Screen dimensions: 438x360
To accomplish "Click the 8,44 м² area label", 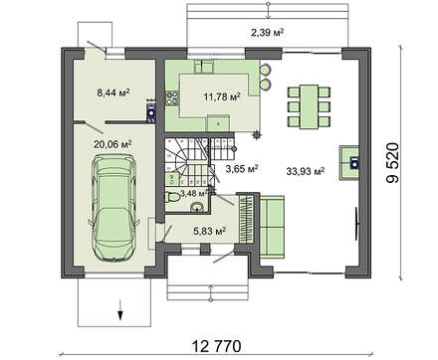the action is [112, 92].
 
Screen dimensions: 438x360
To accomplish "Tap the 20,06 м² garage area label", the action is [112, 144].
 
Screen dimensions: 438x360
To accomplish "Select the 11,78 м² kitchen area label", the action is [222, 96].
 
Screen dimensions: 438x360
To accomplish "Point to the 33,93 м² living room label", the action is [306, 171].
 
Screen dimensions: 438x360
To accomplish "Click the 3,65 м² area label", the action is [242, 169].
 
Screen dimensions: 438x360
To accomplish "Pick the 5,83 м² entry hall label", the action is [210, 231].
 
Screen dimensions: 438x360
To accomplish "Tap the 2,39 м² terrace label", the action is [267, 33].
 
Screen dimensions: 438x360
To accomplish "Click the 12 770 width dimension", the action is [216, 346].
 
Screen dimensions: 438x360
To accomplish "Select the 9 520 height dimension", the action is [393, 163].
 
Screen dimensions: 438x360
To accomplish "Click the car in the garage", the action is [112, 208].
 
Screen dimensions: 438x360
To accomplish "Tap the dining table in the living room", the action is [309, 107].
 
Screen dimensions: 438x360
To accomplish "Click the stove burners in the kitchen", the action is [172, 98].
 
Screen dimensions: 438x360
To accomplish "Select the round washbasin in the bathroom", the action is [198, 207].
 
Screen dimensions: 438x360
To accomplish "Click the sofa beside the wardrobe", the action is [272, 227].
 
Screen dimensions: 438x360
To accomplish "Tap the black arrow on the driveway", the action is [120, 310].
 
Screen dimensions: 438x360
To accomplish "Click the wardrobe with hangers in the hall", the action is [247, 219].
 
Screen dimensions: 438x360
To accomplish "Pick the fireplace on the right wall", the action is [348, 162].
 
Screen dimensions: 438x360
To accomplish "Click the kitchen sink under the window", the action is [203, 67].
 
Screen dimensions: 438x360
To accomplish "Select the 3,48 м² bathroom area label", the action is [194, 193].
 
